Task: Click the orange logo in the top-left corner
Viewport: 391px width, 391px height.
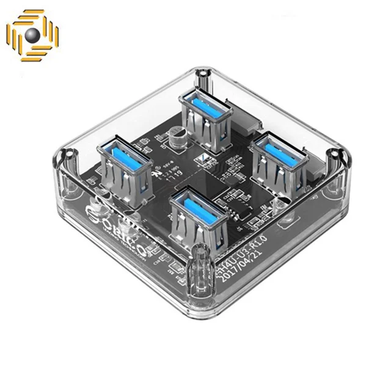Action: tap(33, 36)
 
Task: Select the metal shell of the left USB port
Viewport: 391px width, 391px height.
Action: tap(125, 177)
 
